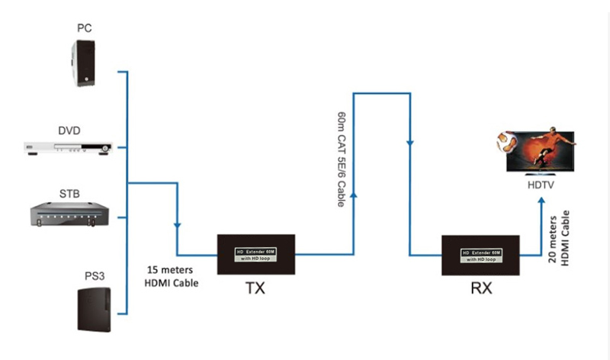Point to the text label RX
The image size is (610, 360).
point(480,290)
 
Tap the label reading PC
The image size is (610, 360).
point(84,28)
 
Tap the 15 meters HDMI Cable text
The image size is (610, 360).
point(171,277)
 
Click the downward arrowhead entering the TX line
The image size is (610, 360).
point(178,226)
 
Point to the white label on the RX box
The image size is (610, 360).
point(481,255)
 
